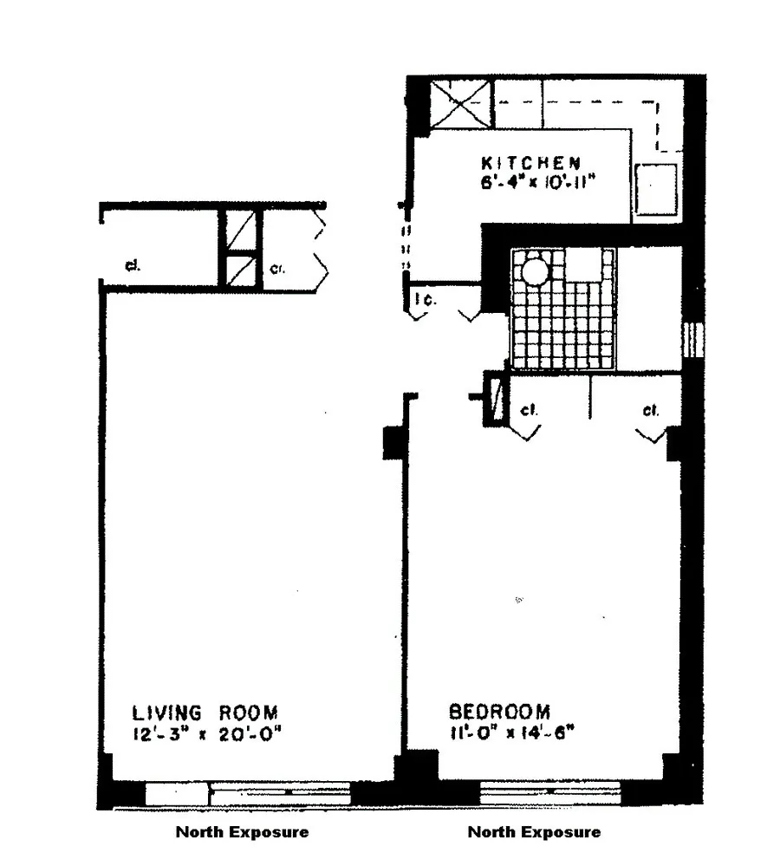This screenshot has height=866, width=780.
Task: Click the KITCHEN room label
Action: pyautogui.click(x=530, y=162)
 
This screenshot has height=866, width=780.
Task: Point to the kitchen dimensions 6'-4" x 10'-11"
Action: pyautogui.click(x=530, y=182)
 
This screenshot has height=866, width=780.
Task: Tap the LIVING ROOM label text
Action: pyautogui.click(x=205, y=713)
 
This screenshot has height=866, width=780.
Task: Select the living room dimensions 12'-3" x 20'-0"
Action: pyautogui.click(x=205, y=734)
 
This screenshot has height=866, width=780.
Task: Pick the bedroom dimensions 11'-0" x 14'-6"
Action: pyautogui.click(x=513, y=734)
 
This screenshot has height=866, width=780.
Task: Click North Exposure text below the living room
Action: pyautogui.click(x=242, y=832)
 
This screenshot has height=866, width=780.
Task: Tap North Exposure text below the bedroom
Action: pyautogui.click(x=534, y=832)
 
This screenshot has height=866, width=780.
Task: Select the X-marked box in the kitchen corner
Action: pyautogui.click(x=462, y=103)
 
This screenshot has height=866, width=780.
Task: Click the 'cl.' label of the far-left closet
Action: pyautogui.click(x=133, y=266)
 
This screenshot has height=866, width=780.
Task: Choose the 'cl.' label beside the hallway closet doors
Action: pyautogui.click(x=276, y=268)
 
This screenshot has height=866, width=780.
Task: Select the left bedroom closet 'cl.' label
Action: pyautogui.click(x=530, y=410)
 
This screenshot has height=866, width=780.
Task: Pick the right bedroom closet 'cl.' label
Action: pyautogui.click(x=650, y=410)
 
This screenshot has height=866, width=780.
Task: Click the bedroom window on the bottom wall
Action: pyautogui.click(x=550, y=791)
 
